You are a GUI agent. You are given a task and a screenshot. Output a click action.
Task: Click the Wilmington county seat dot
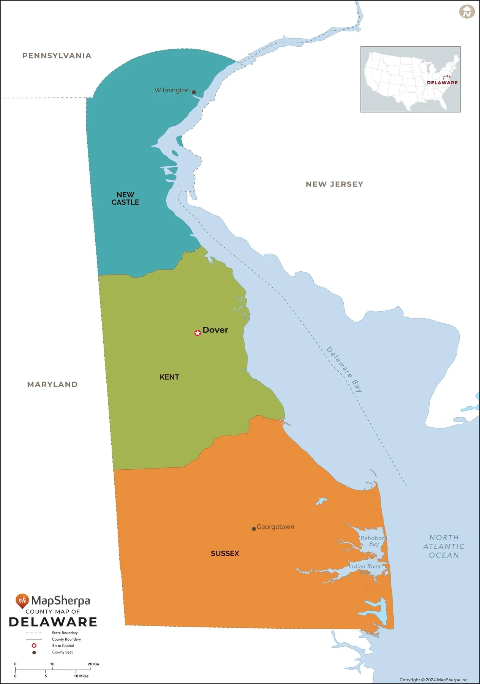coord(194,92)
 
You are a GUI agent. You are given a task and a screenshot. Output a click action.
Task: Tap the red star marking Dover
coord(197,333)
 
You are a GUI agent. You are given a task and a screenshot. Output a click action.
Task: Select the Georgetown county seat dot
coord(254,529)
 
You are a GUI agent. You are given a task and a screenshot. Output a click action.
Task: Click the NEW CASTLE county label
coord(125,198)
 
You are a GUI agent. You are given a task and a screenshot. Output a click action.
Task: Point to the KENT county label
coord(169,377)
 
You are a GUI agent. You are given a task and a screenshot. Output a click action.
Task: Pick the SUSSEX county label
coord(225,553)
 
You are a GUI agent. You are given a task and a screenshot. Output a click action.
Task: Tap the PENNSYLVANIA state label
coord(57,56)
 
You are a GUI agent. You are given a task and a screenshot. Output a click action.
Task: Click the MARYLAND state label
coord(52,384)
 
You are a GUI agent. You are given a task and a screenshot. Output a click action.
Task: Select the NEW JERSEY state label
coord(334,184)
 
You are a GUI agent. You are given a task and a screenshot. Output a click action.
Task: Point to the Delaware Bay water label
coord(344,369)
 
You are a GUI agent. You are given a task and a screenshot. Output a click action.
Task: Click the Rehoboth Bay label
coord(373,541)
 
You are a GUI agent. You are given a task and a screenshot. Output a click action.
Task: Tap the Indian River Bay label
coord(365,569)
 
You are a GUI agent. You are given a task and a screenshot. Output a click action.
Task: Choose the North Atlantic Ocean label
coord(444,546)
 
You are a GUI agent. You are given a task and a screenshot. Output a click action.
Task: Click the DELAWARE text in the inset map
coord(442,82)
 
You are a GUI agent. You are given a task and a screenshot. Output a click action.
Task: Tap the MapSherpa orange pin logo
coord(22,601)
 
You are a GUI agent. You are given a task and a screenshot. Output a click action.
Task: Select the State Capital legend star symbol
coord(34,646)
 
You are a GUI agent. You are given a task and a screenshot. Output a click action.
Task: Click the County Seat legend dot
coord(34,652)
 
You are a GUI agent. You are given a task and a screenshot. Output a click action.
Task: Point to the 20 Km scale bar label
coord(93,664)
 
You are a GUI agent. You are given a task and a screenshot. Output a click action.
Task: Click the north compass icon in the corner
coord(467,11)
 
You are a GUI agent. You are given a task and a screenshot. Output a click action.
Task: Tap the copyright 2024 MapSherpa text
coord(434,680)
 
